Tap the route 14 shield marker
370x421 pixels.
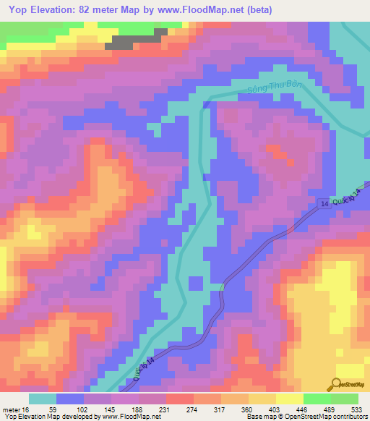[x=322, y=207]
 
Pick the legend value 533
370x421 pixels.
[x=356, y=409]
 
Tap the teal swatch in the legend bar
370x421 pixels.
[x=43, y=399]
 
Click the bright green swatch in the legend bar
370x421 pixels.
[x=317, y=399]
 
